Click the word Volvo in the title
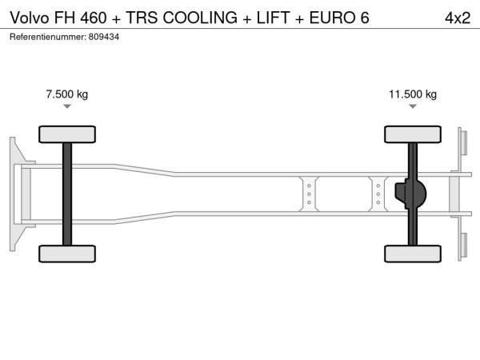(30, 18)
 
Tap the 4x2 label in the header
(458, 18)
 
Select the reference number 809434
(104, 37)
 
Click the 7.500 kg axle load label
(67, 94)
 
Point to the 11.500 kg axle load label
(413, 94)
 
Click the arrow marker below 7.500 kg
(67, 106)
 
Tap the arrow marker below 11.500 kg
(413, 106)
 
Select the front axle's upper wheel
(67, 134)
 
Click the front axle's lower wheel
(67, 254)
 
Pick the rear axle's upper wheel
(413, 134)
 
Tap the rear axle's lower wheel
(413, 254)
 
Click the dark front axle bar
(67, 194)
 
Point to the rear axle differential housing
(410, 194)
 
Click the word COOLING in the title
(200, 18)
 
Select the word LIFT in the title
(273, 18)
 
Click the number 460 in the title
(94, 18)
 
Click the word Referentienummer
(48, 37)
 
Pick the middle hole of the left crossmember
(309, 194)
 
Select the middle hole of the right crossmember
(378, 194)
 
